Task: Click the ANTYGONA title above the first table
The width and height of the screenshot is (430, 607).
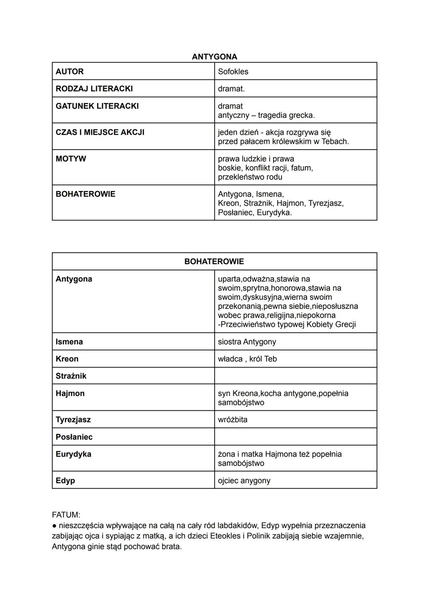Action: (214, 57)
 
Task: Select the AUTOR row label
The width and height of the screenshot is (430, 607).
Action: (70, 72)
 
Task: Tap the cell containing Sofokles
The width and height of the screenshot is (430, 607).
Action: (233, 72)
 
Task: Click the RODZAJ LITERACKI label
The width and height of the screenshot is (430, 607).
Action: (94, 89)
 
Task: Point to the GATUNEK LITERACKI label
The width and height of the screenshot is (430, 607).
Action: (97, 106)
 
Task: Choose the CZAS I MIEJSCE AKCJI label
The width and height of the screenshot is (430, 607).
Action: (100, 132)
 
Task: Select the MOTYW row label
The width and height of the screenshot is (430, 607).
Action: (71, 159)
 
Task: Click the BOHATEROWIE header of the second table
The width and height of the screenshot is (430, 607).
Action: (214, 262)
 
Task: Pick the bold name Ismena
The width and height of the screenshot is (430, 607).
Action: (69, 342)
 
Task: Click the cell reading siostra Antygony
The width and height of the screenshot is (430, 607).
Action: (247, 342)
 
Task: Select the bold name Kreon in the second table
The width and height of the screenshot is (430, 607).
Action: (67, 359)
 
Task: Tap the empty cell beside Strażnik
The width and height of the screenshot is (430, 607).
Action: (295, 376)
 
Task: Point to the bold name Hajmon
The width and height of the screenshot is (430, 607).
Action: (70, 393)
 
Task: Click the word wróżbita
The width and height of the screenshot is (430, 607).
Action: (233, 420)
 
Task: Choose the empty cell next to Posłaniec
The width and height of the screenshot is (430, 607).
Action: (295, 437)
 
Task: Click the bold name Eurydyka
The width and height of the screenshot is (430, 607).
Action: (73, 454)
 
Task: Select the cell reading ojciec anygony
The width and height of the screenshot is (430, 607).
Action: (244, 480)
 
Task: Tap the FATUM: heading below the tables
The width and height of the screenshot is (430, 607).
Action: (66, 515)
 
